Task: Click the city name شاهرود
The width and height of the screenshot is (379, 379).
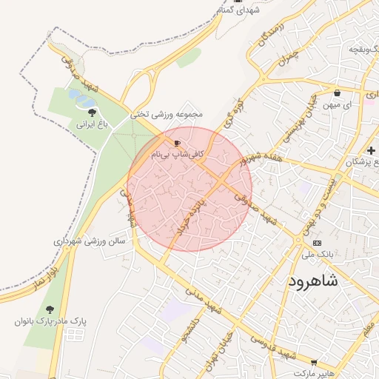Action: pos(310,281)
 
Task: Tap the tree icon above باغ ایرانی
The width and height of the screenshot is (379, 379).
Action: pos(92,113)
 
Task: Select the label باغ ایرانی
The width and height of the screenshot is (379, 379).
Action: pos(93,125)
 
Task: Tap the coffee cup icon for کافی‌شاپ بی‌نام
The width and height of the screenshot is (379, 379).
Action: pos(176,142)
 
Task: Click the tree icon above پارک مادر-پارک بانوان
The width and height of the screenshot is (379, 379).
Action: pos(50,309)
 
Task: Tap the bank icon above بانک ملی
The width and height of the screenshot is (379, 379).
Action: pos(318,244)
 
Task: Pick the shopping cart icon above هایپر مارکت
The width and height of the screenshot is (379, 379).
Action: pos(315,363)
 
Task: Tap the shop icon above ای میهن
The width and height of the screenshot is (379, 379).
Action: pos(338,93)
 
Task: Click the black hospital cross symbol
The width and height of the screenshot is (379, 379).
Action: pos(371,150)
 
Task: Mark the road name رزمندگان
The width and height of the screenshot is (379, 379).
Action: pos(268,38)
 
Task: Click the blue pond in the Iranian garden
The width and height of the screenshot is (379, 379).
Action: pos(81,97)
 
